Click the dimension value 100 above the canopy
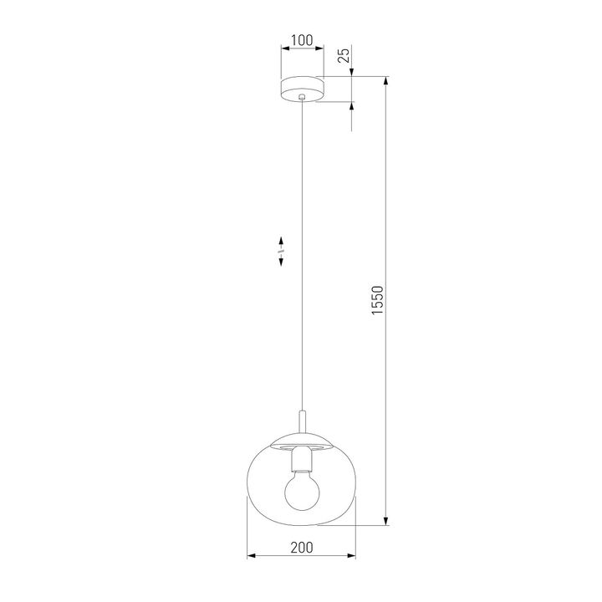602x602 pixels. [x=302, y=40]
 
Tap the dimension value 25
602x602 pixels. [x=343, y=57]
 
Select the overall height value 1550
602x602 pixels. [x=377, y=302]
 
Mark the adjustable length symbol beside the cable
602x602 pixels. [x=283, y=250]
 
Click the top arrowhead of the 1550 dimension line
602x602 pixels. [x=385, y=82]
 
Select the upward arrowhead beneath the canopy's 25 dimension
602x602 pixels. [x=351, y=107]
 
